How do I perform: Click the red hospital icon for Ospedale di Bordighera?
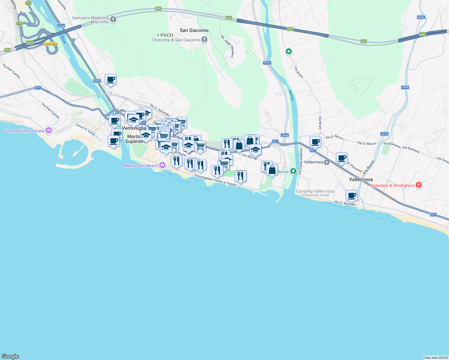419,185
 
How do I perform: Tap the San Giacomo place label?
194,30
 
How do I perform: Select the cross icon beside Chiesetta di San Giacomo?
204,40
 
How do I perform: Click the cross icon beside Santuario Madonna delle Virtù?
113,20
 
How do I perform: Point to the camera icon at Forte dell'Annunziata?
49,130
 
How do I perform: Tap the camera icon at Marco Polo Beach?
162,165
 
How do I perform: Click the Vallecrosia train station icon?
327,162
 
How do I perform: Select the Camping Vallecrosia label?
315,191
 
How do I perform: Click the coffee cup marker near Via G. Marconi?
351,196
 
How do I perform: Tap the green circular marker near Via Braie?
288,52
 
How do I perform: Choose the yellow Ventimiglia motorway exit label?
50,44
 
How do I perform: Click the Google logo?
10,356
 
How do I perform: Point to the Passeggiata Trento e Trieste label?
215,180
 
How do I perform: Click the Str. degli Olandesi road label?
227,46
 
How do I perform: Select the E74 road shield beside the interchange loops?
20,23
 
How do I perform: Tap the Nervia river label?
291,95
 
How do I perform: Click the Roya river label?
63,39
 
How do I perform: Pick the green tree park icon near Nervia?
293,171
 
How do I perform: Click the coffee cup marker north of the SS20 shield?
110,80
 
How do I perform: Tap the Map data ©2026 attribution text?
436,358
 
